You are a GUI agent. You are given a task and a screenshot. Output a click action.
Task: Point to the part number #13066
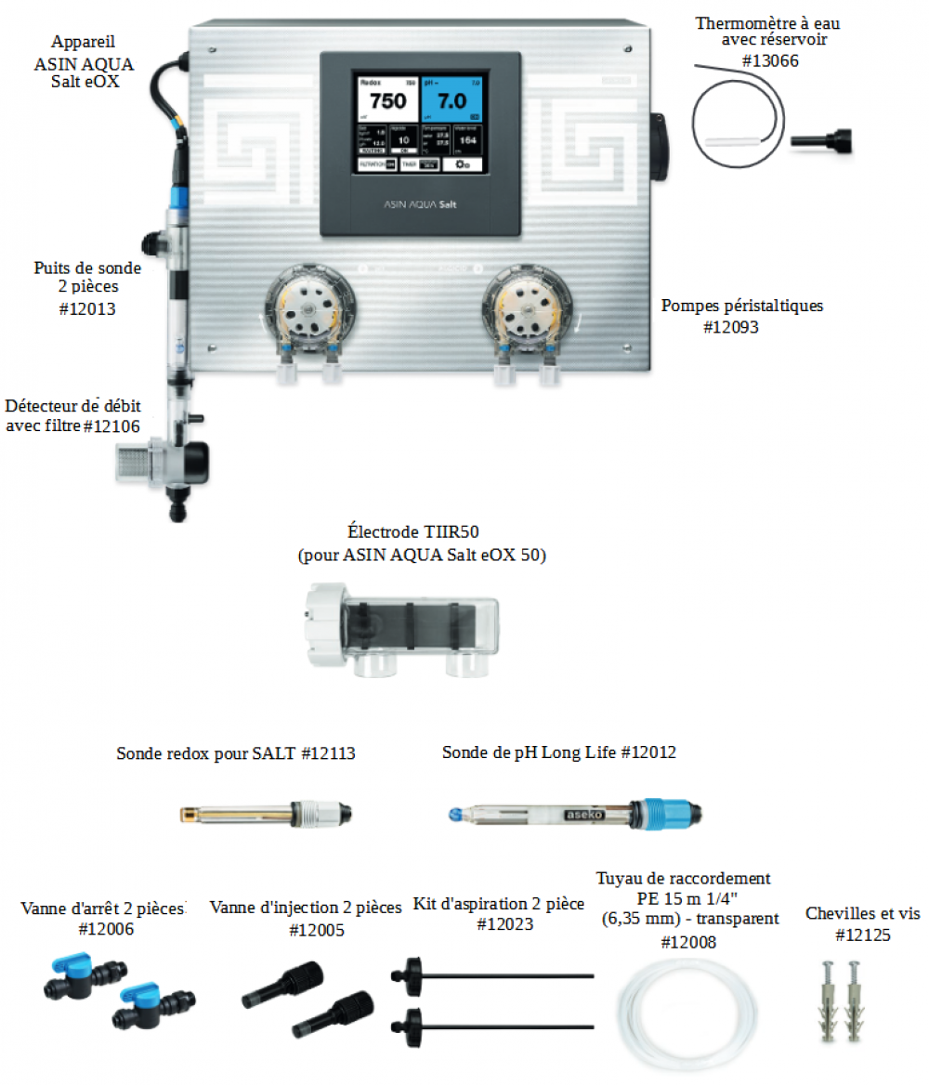(770, 61)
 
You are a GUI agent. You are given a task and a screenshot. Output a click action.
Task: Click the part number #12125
(862, 935)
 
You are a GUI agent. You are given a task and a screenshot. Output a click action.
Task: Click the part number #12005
(316, 929)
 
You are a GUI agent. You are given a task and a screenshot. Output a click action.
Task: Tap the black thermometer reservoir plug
(819, 142)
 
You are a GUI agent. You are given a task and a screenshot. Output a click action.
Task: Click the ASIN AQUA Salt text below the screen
(420, 203)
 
